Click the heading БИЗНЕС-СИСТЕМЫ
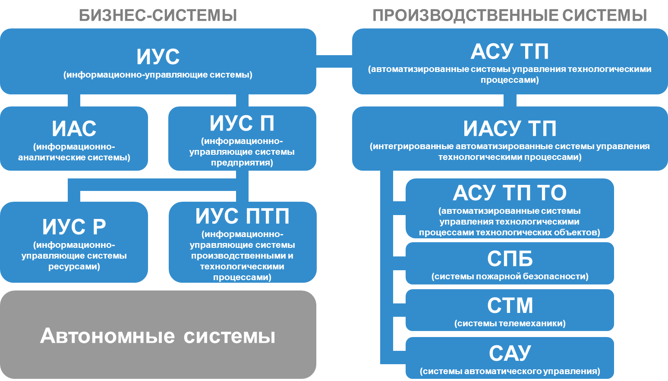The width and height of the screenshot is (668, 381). point(158,16)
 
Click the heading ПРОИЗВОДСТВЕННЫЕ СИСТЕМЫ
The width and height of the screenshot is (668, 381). point(510,16)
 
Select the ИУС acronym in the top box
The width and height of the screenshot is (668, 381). point(158,56)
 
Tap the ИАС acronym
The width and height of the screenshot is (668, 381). point(74,128)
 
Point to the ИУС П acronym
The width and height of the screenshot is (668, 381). point(242,123)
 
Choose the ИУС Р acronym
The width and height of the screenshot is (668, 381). point(74,227)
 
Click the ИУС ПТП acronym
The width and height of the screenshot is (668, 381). point(242,216)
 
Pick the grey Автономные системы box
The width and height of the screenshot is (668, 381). point(158,335)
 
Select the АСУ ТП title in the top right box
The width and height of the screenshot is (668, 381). point(510,52)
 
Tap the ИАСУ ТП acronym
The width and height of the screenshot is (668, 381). point(510,128)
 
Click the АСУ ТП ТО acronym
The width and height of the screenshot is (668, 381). point(510,193)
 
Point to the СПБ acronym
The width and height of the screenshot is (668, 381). point(510,259)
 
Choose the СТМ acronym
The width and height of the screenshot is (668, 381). point(510,306)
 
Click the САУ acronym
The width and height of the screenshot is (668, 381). point(510,353)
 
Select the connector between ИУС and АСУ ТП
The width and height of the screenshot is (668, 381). point(334,61)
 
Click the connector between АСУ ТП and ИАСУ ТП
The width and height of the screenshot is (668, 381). point(510,100)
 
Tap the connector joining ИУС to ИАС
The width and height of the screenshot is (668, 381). point(74,100)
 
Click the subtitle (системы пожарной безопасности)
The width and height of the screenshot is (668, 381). point(510,277)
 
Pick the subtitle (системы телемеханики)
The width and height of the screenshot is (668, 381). point(510,324)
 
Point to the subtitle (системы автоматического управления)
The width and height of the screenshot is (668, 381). point(510,372)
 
